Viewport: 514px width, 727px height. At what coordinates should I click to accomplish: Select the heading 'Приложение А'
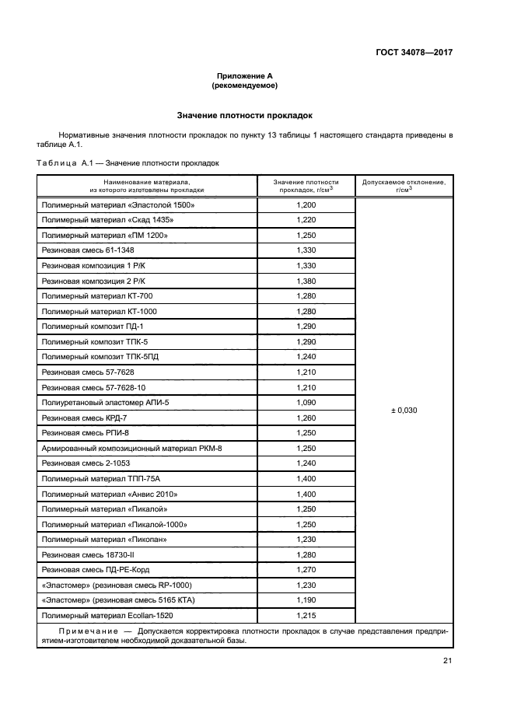click(245, 76)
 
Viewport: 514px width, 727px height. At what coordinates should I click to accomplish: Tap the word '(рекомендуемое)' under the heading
click(245, 86)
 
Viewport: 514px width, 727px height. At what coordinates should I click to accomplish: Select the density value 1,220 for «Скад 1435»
click(306, 220)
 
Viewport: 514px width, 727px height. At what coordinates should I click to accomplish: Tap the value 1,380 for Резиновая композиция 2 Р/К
click(306, 281)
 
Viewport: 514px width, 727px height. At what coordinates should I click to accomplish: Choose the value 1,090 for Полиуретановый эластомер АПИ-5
click(306, 402)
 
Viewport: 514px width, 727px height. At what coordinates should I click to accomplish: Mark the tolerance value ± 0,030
click(404, 410)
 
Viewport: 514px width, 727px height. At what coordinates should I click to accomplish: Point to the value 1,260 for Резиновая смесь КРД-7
click(306, 418)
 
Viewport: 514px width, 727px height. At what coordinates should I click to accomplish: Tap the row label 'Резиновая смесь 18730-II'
click(88, 554)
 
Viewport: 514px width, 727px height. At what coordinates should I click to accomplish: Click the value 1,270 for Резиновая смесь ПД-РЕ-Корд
click(306, 569)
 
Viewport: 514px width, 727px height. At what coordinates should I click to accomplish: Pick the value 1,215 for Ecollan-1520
click(306, 615)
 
